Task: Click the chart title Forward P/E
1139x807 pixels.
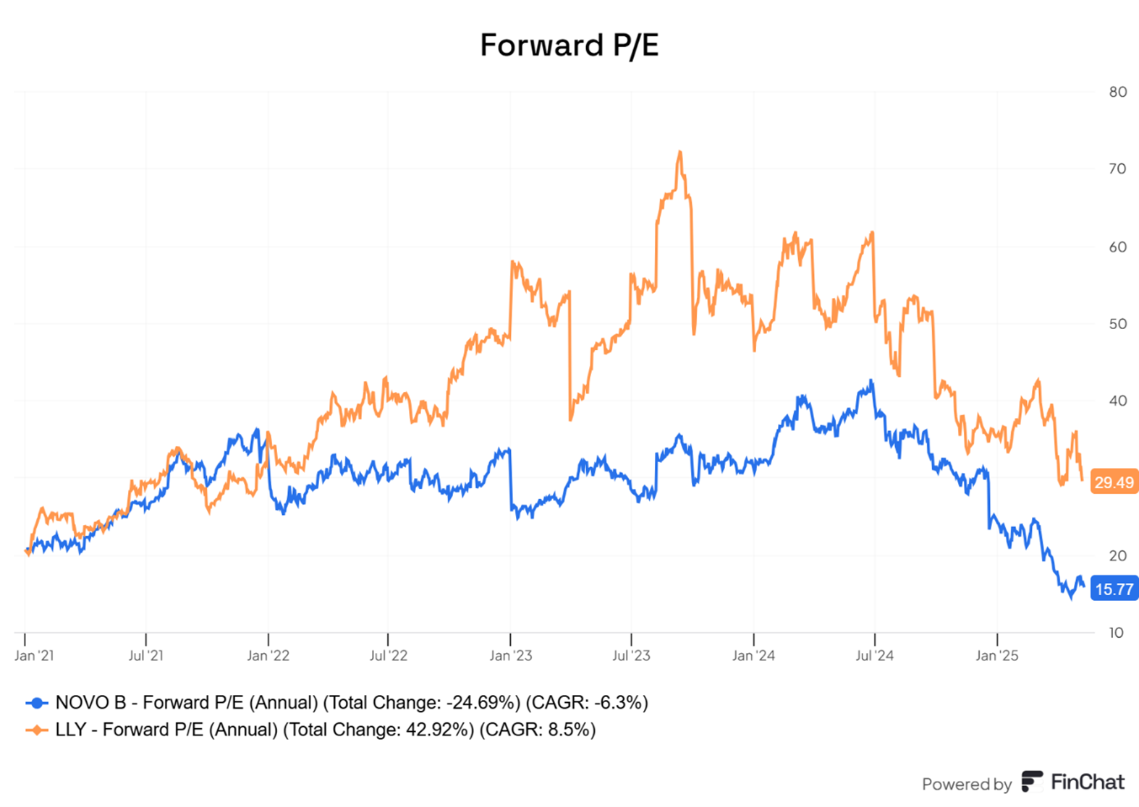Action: click(569, 45)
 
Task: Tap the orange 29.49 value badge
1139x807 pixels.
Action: click(1114, 482)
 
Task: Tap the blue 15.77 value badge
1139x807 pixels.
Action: click(1114, 589)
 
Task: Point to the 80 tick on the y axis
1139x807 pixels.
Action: click(1117, 92)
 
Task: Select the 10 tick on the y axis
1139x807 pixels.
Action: click(1117, 633)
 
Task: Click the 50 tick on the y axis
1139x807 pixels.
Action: click(1117, 324)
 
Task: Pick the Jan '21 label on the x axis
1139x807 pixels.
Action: click(34, 656)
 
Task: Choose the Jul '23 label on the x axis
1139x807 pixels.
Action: click(631, 656)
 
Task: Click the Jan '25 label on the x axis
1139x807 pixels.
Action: click(996, 656)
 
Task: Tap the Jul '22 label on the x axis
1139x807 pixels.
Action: click(389, 656)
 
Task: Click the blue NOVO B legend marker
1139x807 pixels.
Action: click(36, 703)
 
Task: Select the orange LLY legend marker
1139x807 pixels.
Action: click(36, 730)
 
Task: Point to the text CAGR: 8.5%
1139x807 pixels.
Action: click(537, 730)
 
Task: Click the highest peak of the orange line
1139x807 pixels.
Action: click(679, 153)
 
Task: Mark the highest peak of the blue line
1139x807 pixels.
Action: click(871, 381)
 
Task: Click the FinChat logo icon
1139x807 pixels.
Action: click(1031, 782)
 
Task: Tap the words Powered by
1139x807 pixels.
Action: click(966, 784)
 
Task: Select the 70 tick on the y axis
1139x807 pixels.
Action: click(1117, 169)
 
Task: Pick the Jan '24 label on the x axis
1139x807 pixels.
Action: click(753, 656)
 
